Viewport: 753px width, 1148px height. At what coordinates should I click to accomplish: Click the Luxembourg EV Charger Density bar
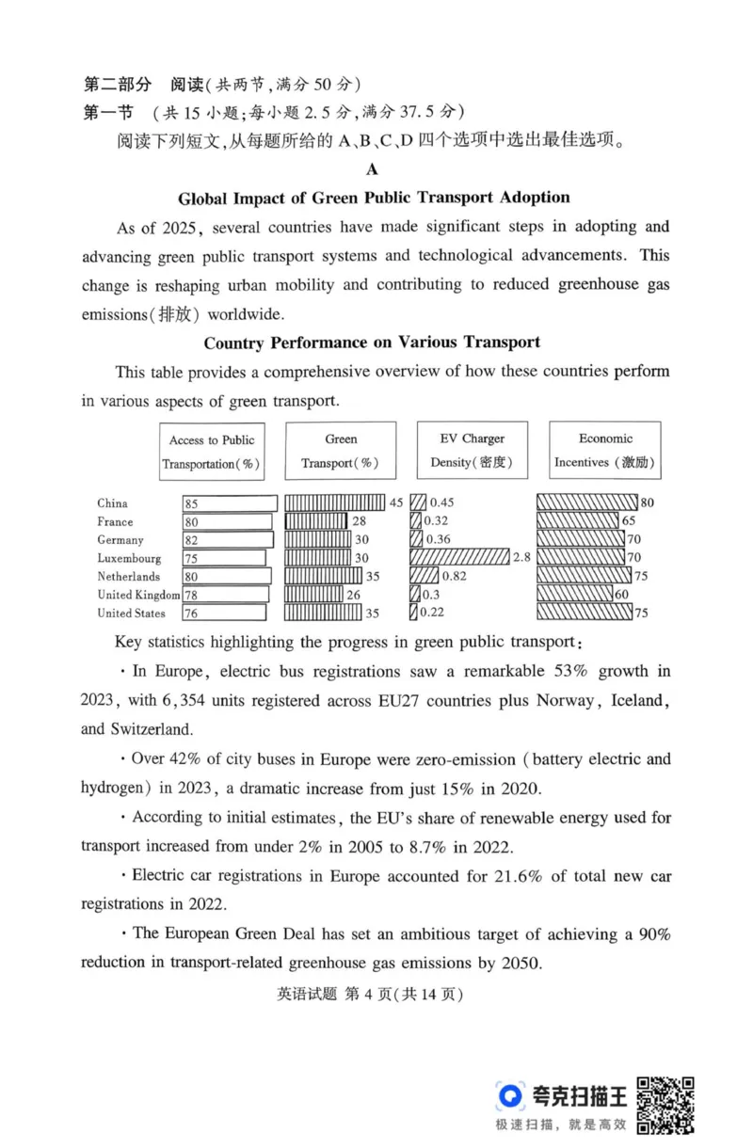click(459, 558)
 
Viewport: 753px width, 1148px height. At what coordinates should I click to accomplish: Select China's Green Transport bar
click(334, 502)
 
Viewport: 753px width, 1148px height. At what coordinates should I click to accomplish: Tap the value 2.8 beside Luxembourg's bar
click(522, 558)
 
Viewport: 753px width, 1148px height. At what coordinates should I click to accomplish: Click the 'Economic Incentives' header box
click(605, 451)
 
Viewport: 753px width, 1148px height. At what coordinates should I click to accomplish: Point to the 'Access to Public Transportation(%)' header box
click(211, 452)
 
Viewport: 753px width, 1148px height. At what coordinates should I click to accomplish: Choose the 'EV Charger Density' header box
click(472, 451)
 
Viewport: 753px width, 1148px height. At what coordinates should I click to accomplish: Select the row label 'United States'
click(131, 614)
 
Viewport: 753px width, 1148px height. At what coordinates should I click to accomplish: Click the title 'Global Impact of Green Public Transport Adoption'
click(374, 198)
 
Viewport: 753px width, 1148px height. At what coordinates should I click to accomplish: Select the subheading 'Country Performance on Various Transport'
click(372, 343)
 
